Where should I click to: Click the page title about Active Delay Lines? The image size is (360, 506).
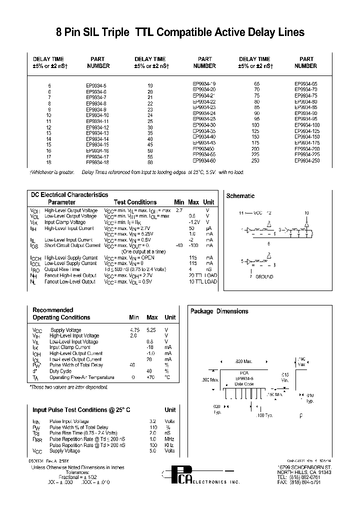(179, 32)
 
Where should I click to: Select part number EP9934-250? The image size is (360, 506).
(305, 161)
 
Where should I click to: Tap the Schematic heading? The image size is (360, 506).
(240, 196)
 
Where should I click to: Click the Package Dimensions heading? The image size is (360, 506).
(219, 311)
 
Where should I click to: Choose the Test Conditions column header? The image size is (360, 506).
(135, 202)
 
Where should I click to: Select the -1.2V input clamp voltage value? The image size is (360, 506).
(195, 222)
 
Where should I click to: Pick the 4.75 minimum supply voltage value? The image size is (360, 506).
(133, 330)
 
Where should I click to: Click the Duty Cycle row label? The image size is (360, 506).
(61, 371)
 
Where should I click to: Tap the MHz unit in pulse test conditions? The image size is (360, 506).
(170, 439)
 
